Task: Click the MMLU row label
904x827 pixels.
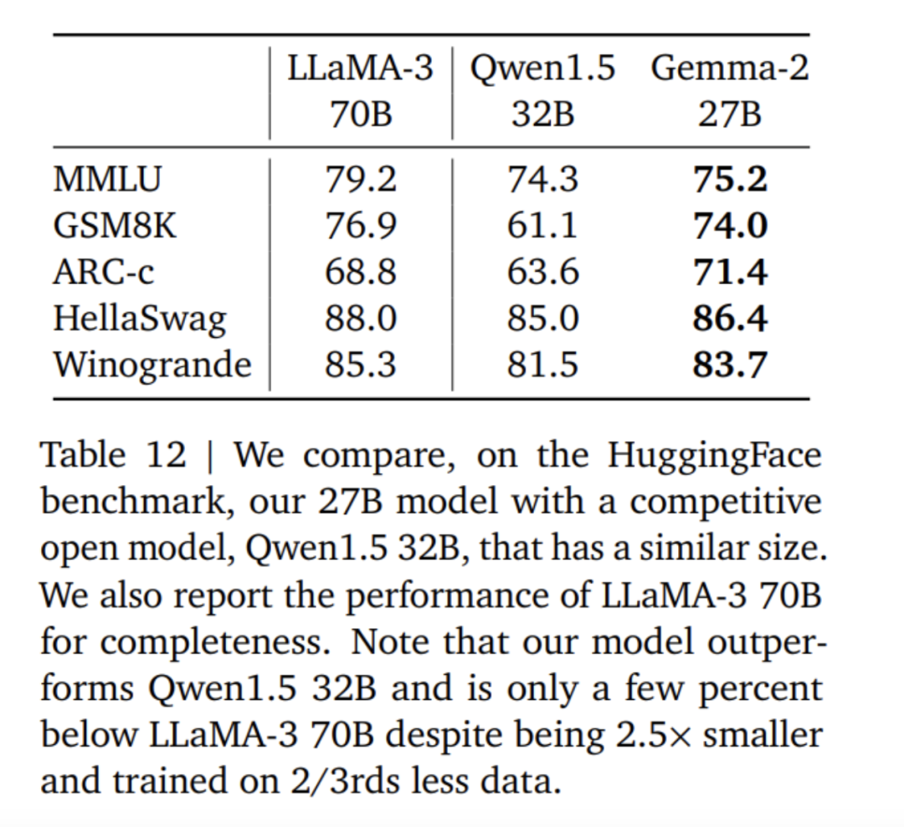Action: click(107, 180)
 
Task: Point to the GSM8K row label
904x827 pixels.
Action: click(115, 227)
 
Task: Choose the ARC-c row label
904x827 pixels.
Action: click(104, 273)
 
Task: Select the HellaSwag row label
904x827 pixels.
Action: click(139, 319)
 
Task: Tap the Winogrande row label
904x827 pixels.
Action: click(152, 365)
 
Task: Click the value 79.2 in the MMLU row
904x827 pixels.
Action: click(361, 180)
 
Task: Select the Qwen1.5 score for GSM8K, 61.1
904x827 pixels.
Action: click(543, 227)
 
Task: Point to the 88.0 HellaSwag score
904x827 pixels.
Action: click(361, 319)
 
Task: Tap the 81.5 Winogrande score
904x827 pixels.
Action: click(543, 365)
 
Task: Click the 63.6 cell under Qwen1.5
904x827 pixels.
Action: click(543, 273)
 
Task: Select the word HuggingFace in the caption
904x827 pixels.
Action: click(714, 456)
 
